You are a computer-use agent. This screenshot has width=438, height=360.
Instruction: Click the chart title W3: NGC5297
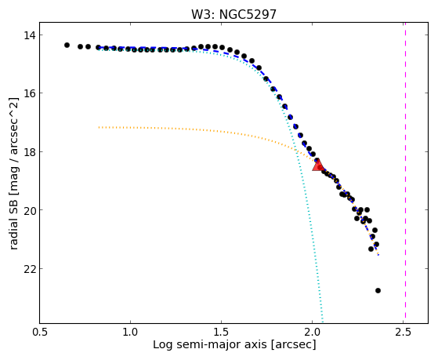point(233,14)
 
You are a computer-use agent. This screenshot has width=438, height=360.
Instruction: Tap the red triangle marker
point(317,165)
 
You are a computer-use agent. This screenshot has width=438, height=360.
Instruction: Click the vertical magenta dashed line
point(405,173)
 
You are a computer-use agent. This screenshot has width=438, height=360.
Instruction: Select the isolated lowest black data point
point(378,291)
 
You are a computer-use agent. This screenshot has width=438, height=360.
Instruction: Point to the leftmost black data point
point(67,45)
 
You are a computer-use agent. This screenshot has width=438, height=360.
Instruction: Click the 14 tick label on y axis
point(28,35)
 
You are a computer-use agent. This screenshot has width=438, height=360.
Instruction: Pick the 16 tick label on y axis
point(28,93)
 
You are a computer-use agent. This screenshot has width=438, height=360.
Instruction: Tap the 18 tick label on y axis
point(28,152)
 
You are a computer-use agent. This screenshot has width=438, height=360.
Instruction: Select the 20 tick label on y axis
point(28,210)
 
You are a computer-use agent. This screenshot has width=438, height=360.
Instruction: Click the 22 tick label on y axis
point(28,269)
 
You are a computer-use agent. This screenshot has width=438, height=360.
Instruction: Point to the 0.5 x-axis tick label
point(40,332)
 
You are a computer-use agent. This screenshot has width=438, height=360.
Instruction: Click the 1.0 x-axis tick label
point(130,332)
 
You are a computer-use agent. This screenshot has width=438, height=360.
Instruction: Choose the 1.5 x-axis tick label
point(221,332)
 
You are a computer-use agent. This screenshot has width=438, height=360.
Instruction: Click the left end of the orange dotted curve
point(99,127)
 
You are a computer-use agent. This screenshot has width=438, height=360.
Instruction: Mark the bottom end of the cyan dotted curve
point(323,322)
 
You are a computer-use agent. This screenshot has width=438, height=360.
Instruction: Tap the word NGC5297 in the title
point(248,14)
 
